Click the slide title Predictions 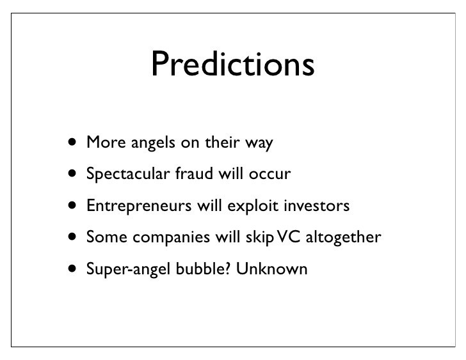click(233, 63)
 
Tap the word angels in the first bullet click(153, 143)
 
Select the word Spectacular click(128, 174)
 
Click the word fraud click(194, 173)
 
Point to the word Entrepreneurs click(139, 206)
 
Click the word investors click(317, 205)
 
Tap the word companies click(171, 237)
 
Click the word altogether click(343, 237)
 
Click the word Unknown click(271, 269)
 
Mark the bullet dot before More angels click(72, 142)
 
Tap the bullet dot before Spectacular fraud click(72, 173)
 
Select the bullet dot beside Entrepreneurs click(72, 205)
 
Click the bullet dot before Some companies click(72, 237)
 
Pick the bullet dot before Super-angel click(72, 269)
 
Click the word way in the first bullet click(259, 144)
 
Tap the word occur click(270, 175)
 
